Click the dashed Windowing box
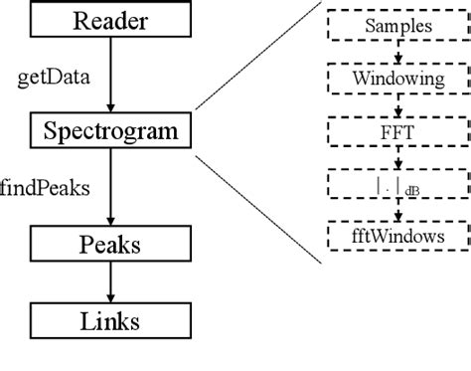[x=396, y=77]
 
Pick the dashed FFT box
[x=396, y=129]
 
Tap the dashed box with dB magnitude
[x=396, y=184]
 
